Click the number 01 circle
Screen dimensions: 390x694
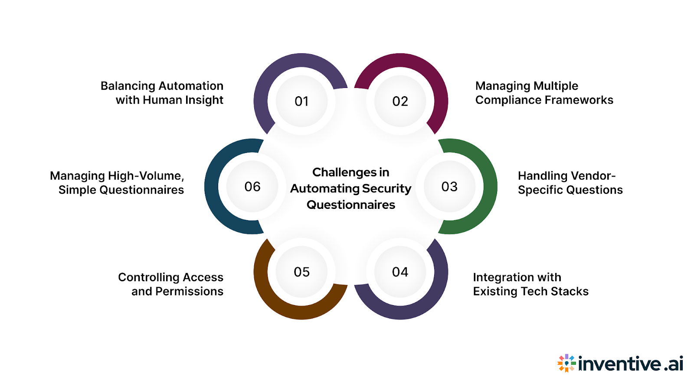tap(301, 101)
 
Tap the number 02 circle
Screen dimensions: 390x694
tap(400, 101)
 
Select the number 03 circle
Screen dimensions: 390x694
tap(449, 187)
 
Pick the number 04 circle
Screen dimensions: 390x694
tap(400, 272)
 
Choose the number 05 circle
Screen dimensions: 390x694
tap(301, 272)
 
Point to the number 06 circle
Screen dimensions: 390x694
tap(252, 187)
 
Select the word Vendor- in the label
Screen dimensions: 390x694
tap(592, 176)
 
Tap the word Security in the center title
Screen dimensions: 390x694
tap(386, 188)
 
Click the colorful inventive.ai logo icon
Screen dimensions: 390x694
tap(566, 363)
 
